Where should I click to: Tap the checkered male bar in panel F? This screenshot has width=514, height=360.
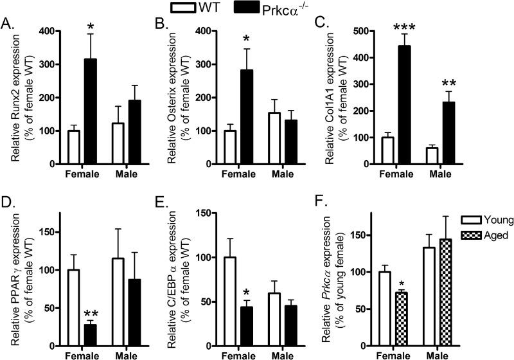457,296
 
